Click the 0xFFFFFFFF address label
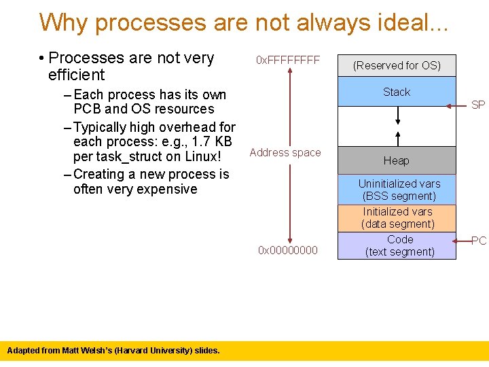pyautogui.click(x=287, y=60)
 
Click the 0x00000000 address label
pyautogui.click(x=287, y=251)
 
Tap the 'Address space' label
pyautogui.click(x=285, y=152)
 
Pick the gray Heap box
pyautogui.click(x=397, y=161)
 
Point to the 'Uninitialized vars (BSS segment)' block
pyautogui.click(x=399, y=190)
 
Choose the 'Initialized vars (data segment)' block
pyautogui.click(x=397, y=217)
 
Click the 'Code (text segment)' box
pyautogui.click(x=399, y=245)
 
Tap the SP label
pyautogui.click(x=478, y=105)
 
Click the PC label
pyautogui.click(x=479, y=241)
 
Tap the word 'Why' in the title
pyautogui.click(x=65, y=22)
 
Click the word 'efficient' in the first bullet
pyautogui.click(x=77, y=75)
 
